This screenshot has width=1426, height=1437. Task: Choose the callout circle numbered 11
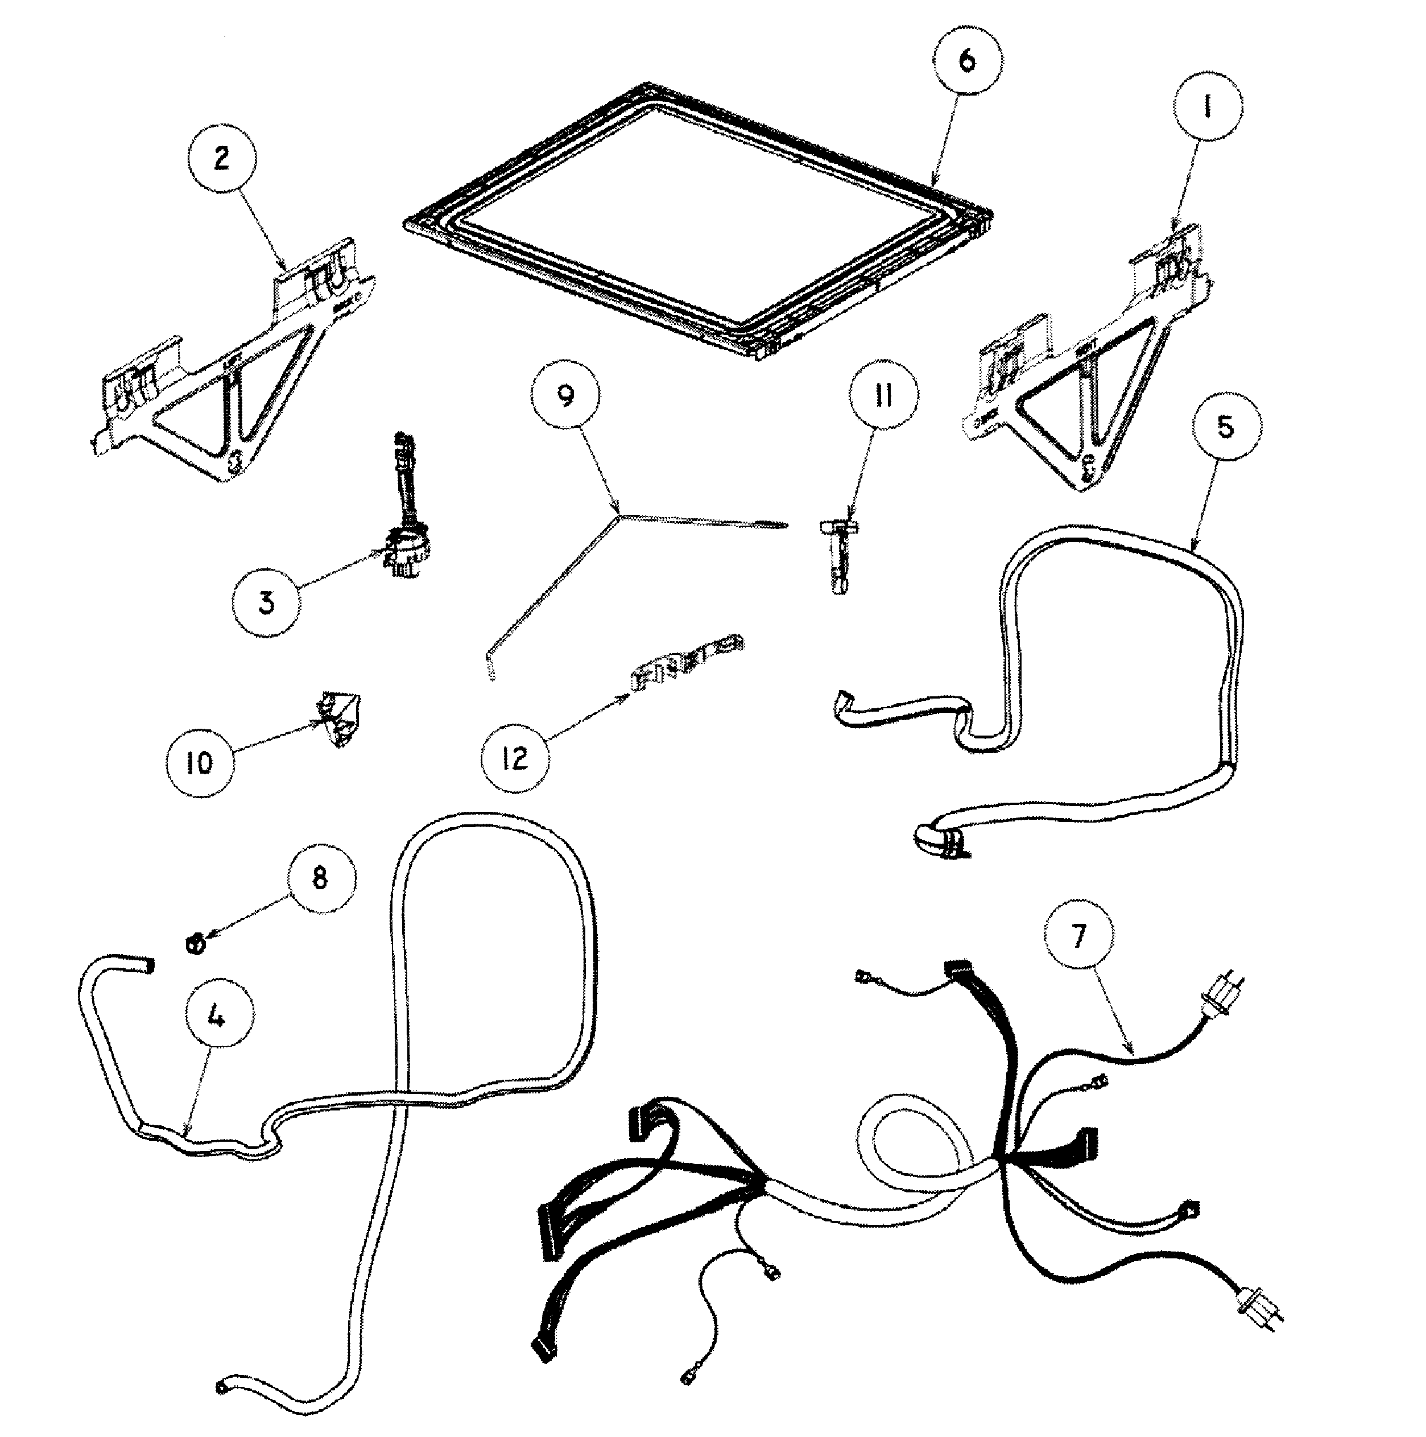click(883, 397)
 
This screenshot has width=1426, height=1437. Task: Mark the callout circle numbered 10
click(199, 762)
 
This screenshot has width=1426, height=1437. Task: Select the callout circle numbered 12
click(515, 757)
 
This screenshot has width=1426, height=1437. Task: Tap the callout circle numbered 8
click(320, 878)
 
